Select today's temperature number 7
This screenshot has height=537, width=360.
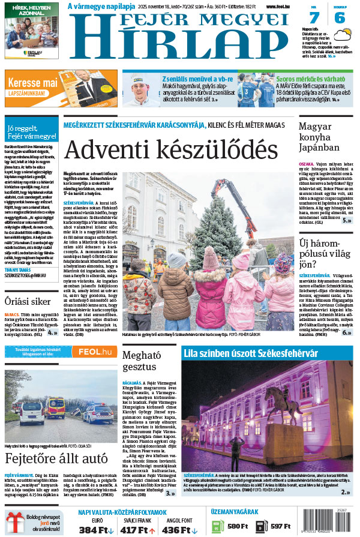tap(314, 18)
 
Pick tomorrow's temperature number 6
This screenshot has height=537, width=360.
tap(340, 18)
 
